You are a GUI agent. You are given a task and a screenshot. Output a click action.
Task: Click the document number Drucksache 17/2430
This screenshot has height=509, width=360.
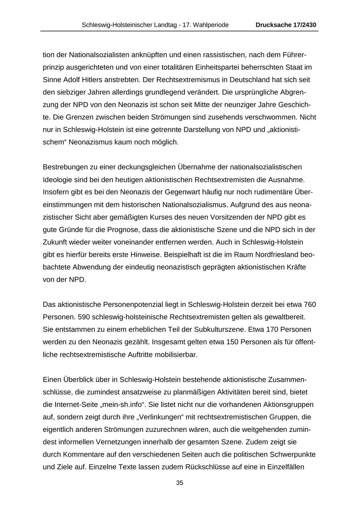coord(286,25)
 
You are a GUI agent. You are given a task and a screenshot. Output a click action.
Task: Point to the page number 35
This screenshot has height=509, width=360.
coord(180,483)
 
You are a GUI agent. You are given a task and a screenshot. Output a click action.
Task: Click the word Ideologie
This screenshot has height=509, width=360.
coord(57,179)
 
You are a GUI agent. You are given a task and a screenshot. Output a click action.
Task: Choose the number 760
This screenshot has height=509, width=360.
coord(310,305)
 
